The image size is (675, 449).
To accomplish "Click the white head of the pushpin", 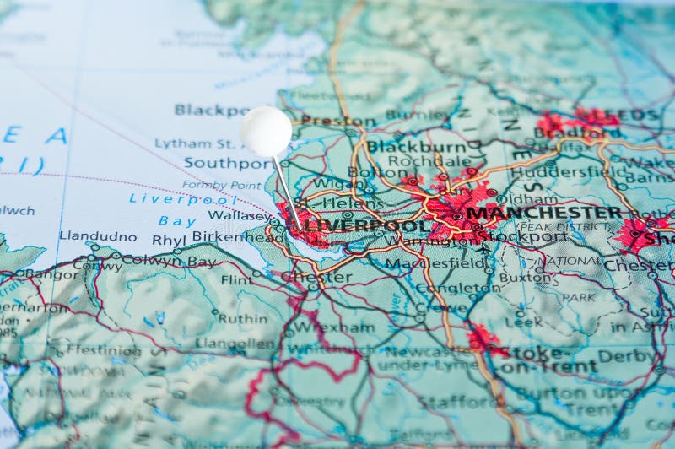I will coord(266,132).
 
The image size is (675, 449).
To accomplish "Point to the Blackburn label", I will coord(429,146).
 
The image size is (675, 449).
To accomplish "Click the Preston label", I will coord(327,121).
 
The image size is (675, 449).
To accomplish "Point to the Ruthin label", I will coord(242,318).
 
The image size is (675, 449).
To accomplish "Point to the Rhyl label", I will coord(168,240).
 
